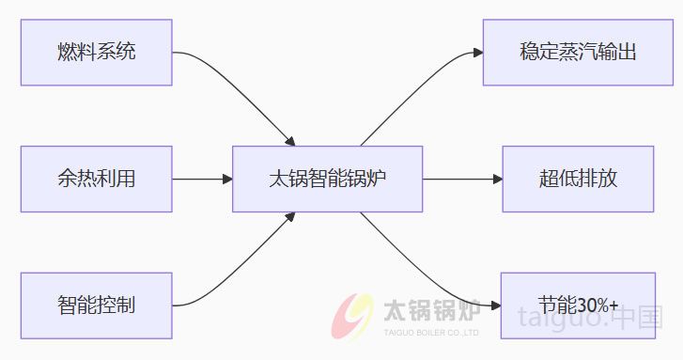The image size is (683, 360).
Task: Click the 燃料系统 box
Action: pyautogui.click(x=96, y=51)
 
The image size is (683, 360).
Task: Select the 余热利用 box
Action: pyautogui.click(x=96, y=178)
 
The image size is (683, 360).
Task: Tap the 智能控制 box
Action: pyautogui.click(x=96, y=305)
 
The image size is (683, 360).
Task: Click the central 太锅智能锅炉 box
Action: pyautogui.click(x=327, y=178)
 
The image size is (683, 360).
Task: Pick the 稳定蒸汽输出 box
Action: pyautogui.click(x=578, y=51)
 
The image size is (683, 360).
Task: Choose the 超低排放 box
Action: pyautogui.click(x=578, y=178)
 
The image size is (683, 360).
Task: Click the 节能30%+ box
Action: pyautogui.click(x=578, y=305)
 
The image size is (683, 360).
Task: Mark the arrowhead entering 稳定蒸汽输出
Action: pyautogui.click(x=476, y=52)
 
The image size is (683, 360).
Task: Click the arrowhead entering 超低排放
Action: pyautogui.click(x=497, y=178)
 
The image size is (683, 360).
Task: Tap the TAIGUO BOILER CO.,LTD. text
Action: pyautogui.click(x=433, y=332)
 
